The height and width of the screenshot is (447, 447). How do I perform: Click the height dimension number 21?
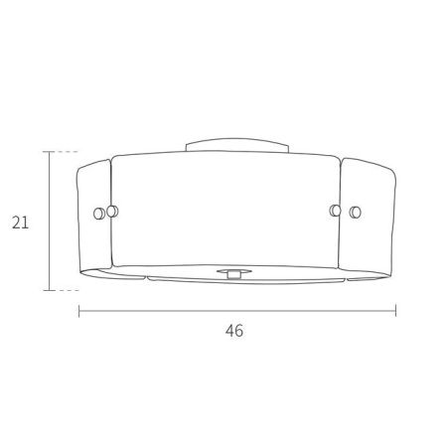(20, 223)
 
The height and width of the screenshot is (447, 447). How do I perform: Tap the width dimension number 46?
(234, 331)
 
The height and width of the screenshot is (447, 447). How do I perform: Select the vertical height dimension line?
(50, 221)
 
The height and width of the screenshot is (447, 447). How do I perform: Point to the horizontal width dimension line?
(237, 311)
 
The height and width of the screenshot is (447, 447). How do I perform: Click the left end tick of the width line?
(78, 311)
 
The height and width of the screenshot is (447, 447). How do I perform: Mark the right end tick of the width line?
(396, 311)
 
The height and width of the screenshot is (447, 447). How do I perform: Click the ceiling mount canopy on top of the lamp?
(237, 145)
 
